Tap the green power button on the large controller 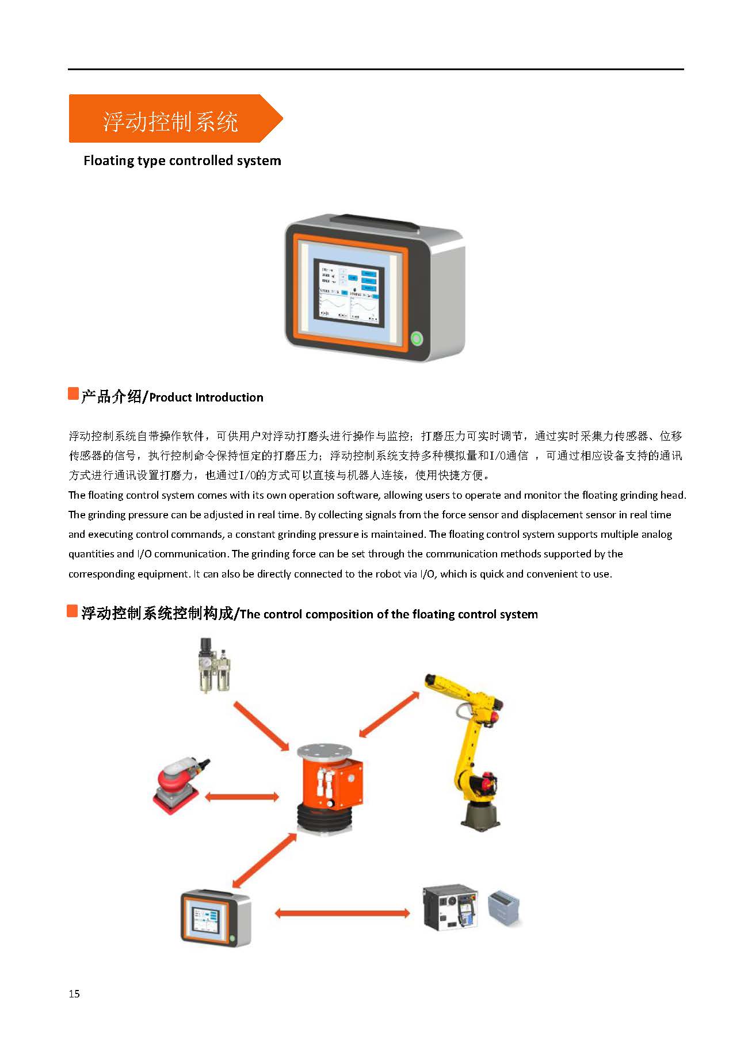click(x=417, y=338)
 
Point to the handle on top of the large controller click(x=374, y=222)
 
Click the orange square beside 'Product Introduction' click(x=73, y=394)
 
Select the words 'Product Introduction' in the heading click(x=206, y=397)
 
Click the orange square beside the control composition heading click(x=72, y=611)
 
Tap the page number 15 click(x=74, y=994)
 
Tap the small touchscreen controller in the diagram click(x=216, y=918)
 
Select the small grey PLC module click(x=505, y=907)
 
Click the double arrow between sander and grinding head click(x=242, y=797)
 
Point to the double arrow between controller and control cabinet click(x=342, y=913)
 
